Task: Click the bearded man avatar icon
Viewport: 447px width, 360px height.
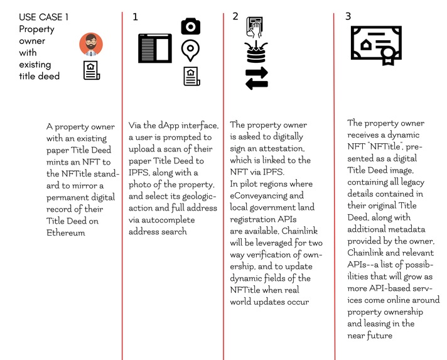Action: click(91, 44)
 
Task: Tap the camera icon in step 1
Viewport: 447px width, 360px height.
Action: click(190, 26)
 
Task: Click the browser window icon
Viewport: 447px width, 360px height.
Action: click(154, 48)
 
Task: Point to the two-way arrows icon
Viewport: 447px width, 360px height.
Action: click(256, 78)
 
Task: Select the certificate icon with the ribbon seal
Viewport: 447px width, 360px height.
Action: click(374, 45)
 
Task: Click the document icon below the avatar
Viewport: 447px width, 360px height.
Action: click(92, 70)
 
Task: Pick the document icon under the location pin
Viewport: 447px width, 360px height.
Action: click(191, 75)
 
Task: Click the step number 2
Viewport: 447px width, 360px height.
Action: click(235, 17)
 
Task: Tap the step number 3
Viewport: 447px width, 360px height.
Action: click(348, 17)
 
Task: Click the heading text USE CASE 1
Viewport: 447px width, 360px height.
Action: click(44, 17)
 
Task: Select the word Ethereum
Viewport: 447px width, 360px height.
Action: click(67, 232)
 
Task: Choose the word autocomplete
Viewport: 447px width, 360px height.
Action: click(187, 220)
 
